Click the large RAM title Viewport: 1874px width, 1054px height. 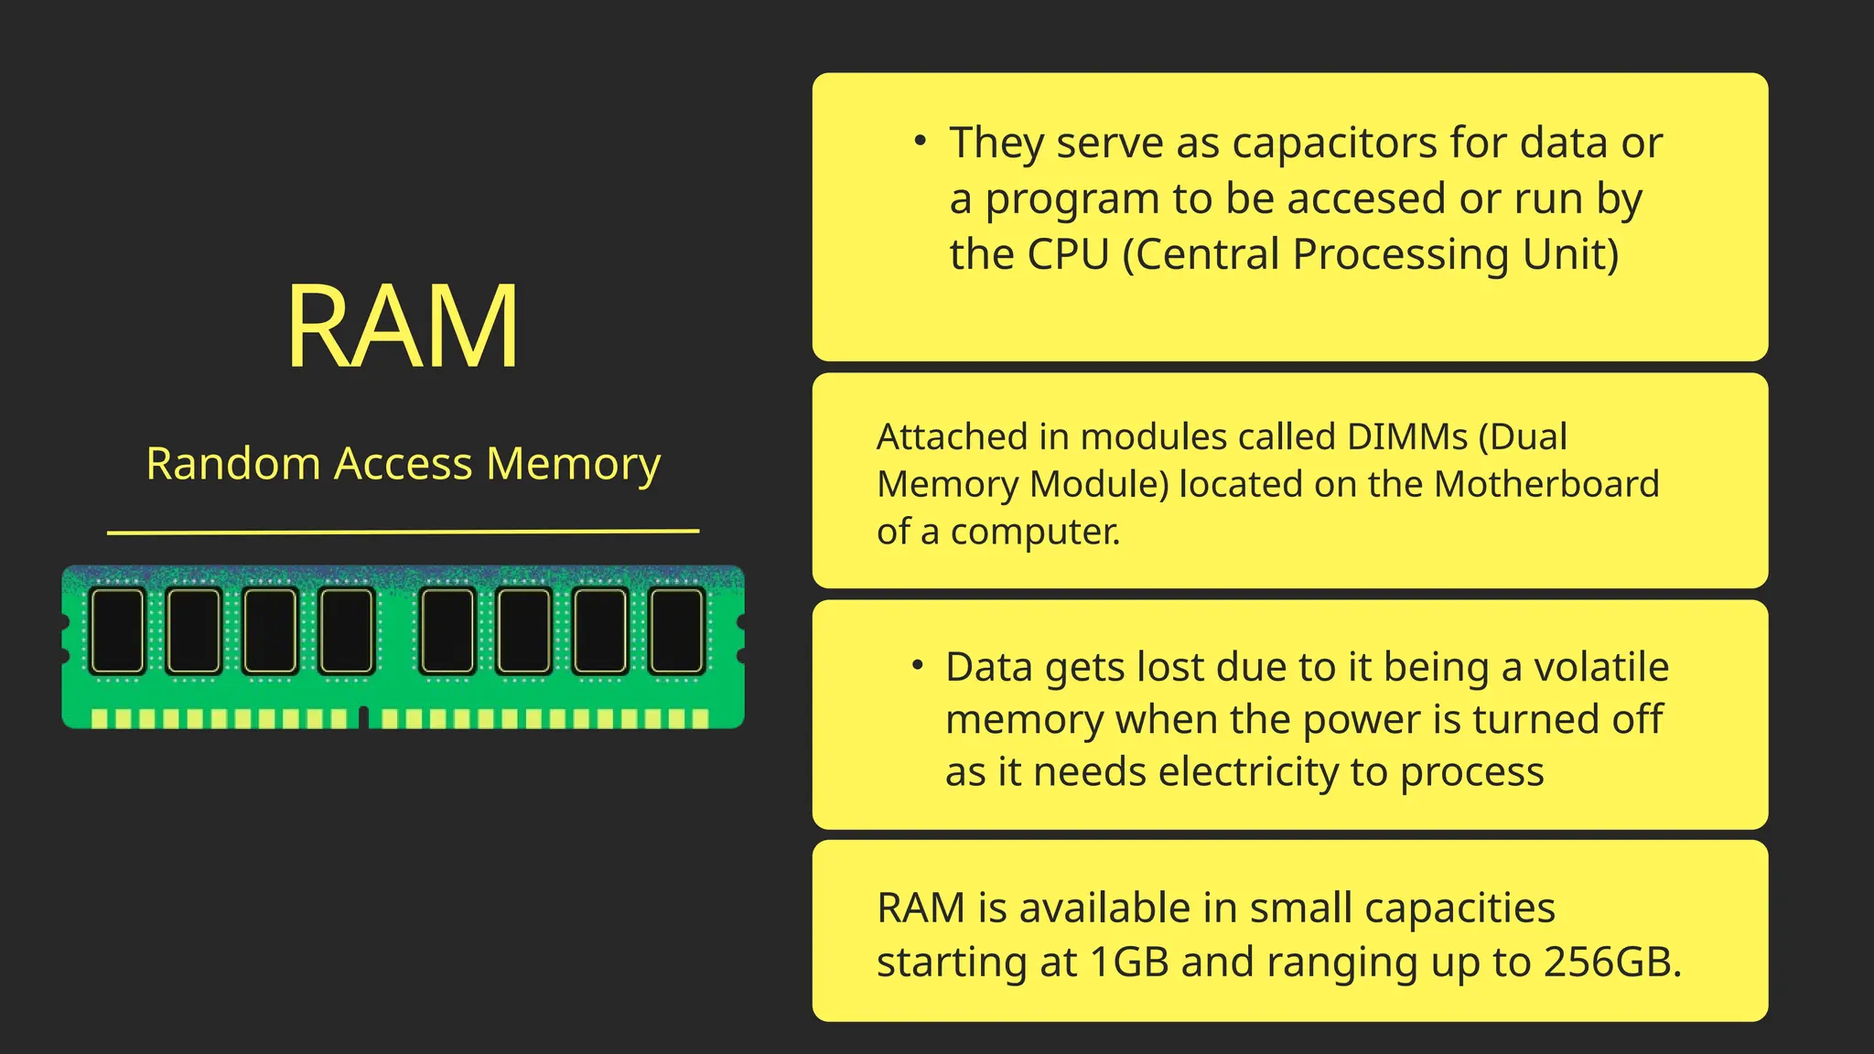(403, 327)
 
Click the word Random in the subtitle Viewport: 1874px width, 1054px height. (232, 464)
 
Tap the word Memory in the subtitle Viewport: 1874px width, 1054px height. (573, 464)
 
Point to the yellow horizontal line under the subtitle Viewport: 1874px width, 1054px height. (403, 531)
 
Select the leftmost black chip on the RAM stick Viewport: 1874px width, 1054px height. (118, 630)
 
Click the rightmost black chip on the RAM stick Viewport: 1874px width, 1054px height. (676, 630)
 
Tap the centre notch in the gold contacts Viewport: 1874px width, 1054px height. (363, 717)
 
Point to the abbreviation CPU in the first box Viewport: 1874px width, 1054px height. (1068, 254)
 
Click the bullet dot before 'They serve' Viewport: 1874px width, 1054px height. (921, 141)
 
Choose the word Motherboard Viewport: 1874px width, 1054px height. (1546, 485)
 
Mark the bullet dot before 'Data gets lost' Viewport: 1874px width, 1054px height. (917, 665)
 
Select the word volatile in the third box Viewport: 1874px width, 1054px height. (1600, 667)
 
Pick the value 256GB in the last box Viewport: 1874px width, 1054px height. (1612, 963)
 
